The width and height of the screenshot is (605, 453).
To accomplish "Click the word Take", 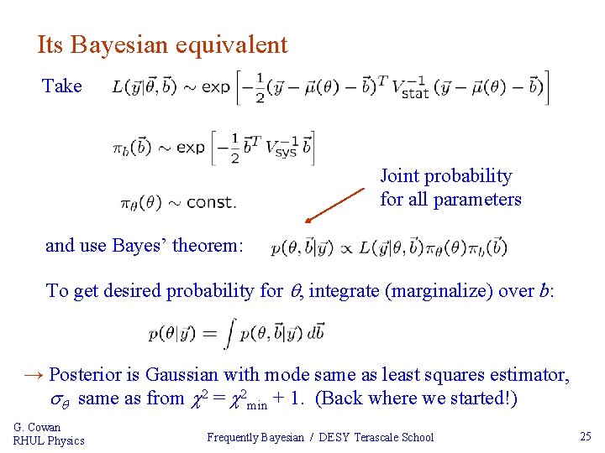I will pos(62,86).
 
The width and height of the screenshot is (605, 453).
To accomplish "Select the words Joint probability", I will pos(445,176).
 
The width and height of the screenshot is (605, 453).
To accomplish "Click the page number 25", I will pos(585,436).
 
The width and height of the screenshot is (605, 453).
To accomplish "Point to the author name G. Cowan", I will pos(38,427).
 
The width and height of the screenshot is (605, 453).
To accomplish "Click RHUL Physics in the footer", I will pos(49,440).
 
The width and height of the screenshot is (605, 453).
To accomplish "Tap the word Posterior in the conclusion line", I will pos(93,374).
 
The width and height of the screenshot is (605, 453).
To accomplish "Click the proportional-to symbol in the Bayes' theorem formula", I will pos(346,247).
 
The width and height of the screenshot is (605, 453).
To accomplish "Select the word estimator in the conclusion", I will pos(532,374).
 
